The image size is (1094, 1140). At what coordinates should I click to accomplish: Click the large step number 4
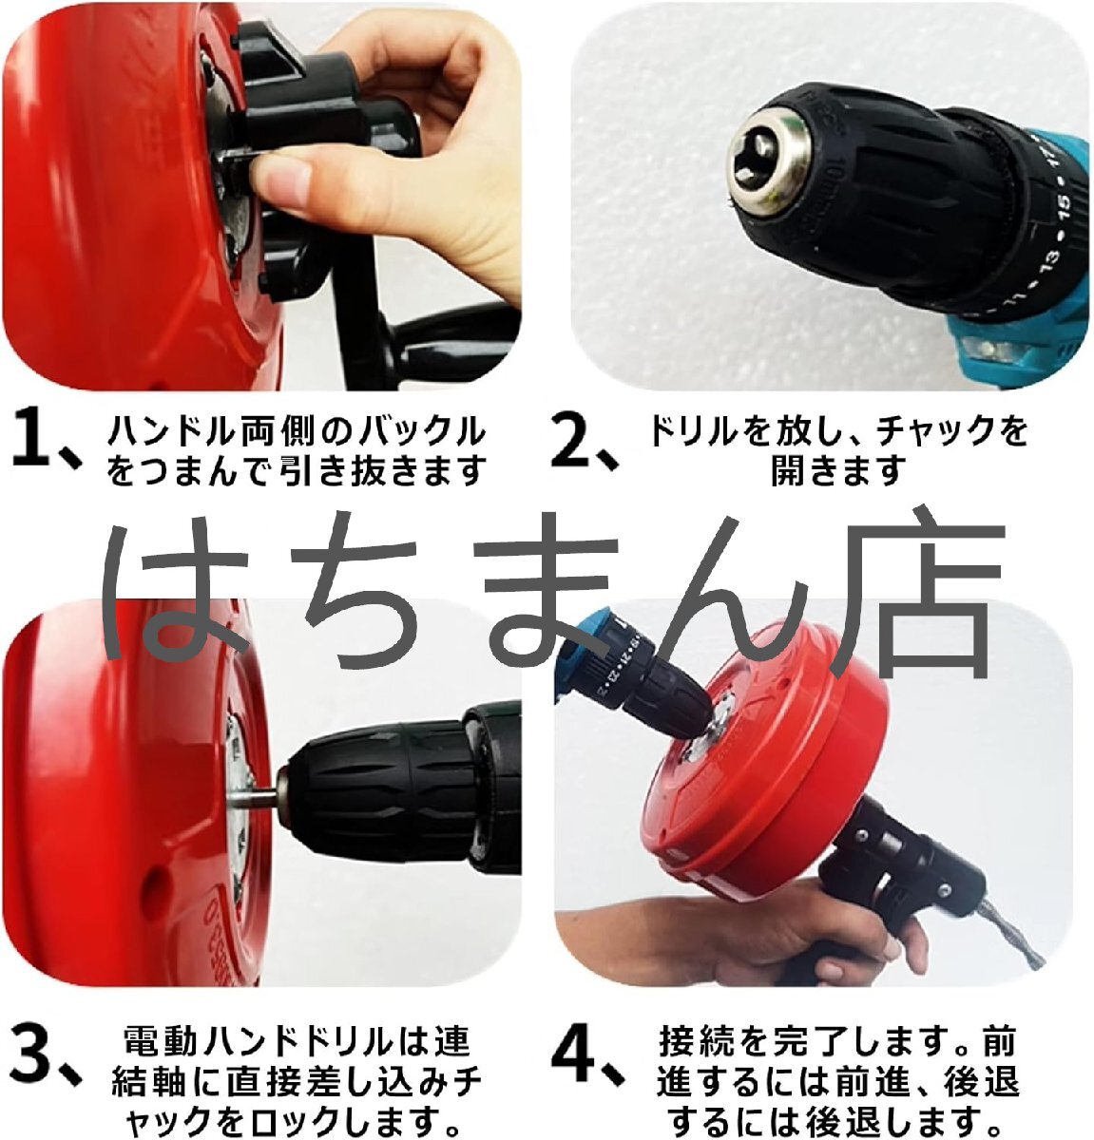tap(575, 1060)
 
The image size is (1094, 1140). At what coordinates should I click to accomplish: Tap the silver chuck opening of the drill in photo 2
tap(769, 160)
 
